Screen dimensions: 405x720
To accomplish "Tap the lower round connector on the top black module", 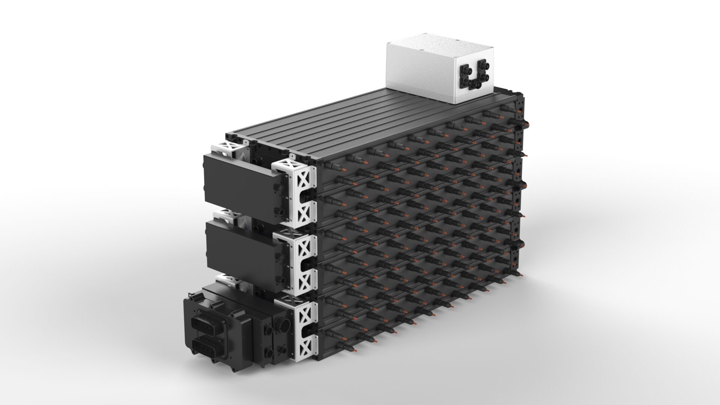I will point(280,211).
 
